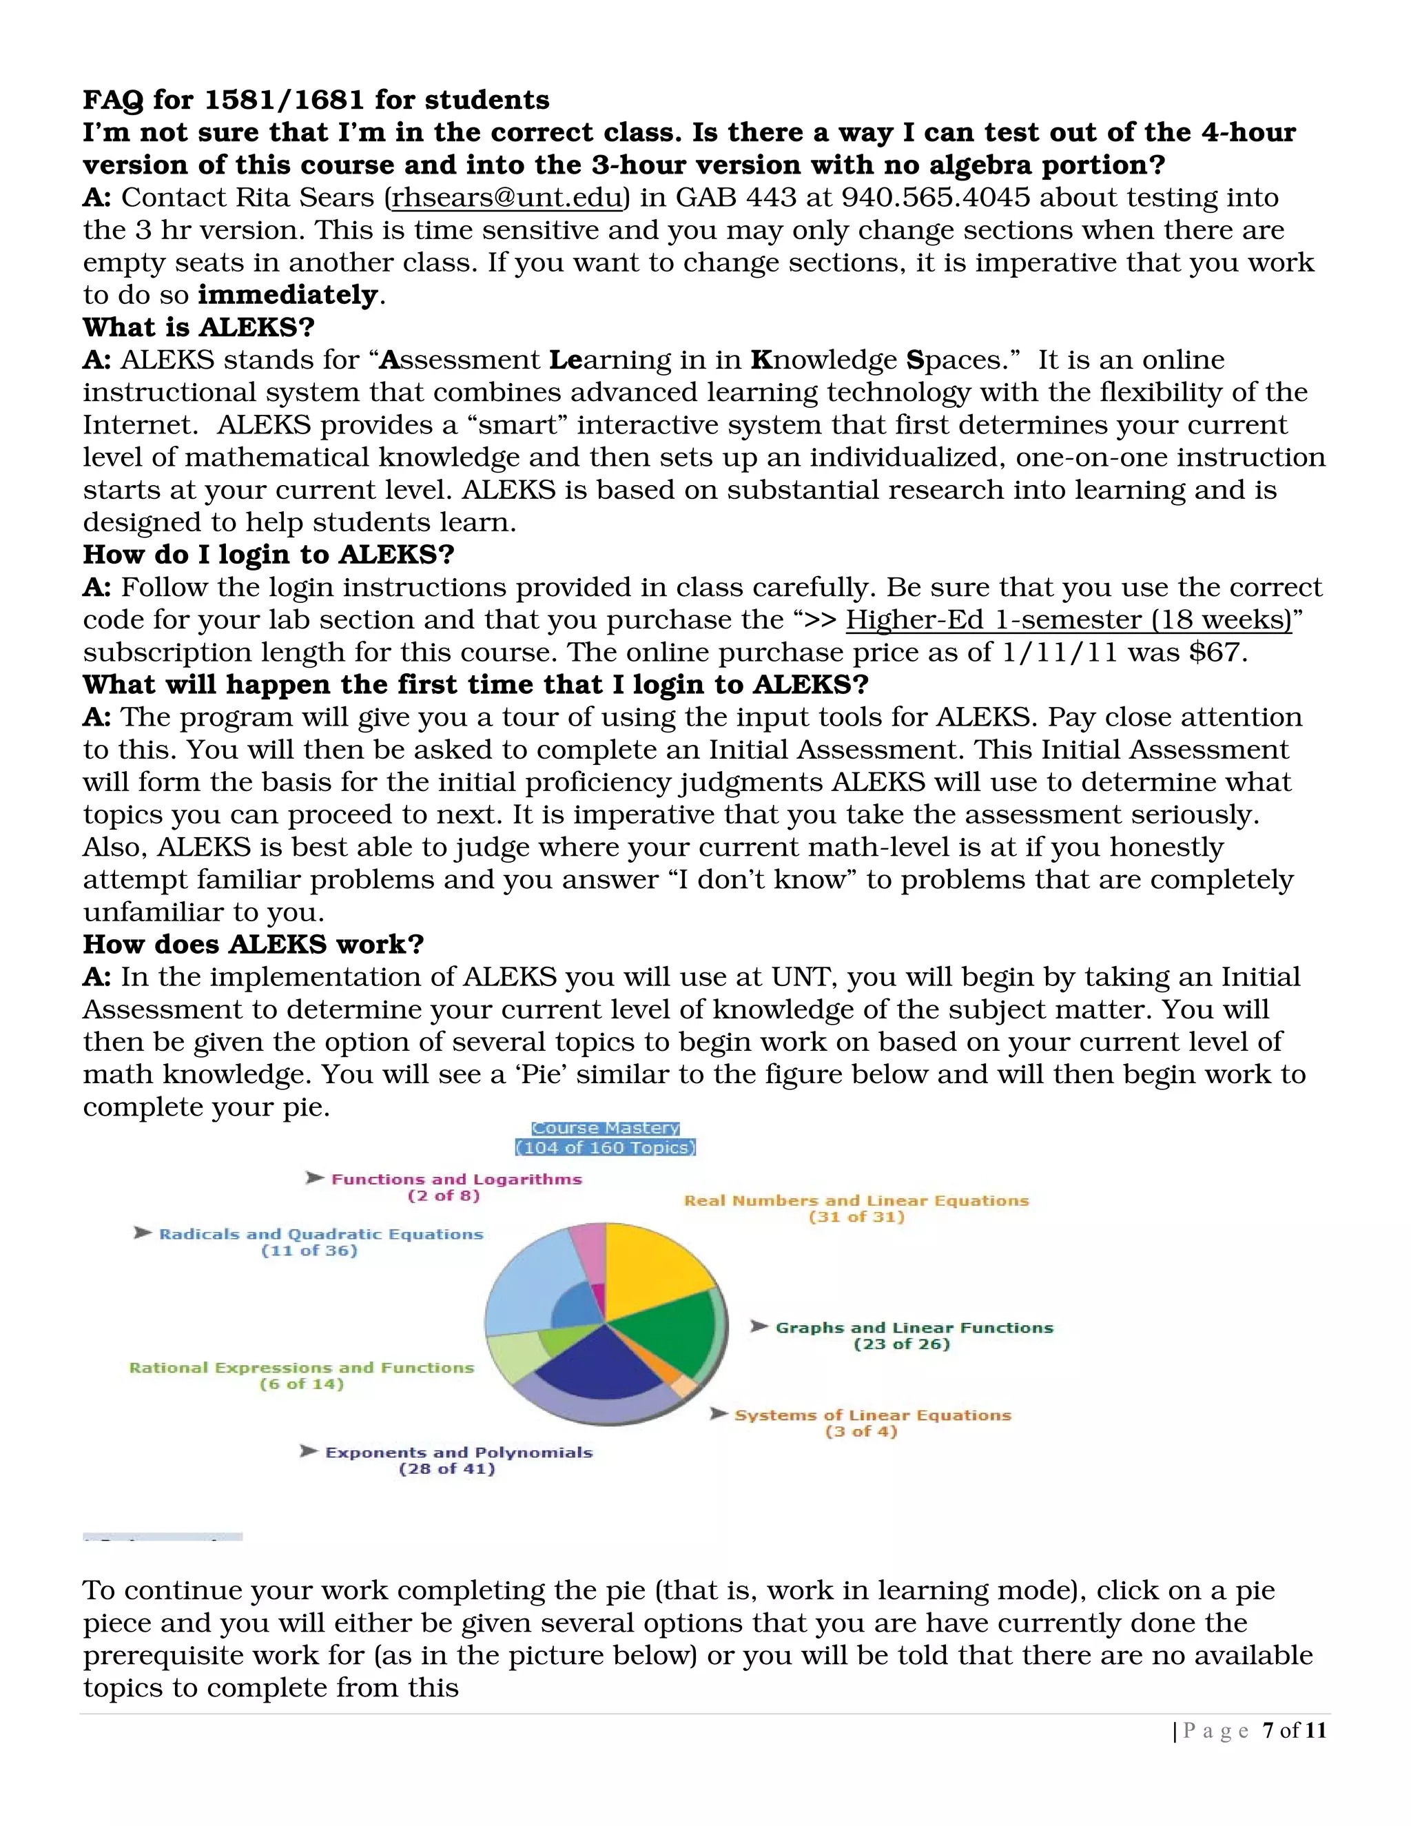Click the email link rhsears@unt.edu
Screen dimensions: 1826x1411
click(507, 198)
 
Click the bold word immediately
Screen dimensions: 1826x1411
click(287, 295)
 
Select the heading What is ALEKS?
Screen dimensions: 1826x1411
click(198, 328)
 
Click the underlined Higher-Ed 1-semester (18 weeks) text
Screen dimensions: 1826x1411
click(1069, 620)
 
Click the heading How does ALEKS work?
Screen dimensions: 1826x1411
click(254, 945)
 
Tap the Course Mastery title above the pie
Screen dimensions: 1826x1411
click(605, 1129)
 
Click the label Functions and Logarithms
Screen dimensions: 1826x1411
click(455, 1180)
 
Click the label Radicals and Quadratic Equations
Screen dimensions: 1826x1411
click(321, 1235)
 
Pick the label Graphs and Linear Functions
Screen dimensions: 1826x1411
click(914, 1329)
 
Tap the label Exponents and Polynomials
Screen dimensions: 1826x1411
click(458, 1453)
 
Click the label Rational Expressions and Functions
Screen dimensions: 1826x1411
click(301, 1368)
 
